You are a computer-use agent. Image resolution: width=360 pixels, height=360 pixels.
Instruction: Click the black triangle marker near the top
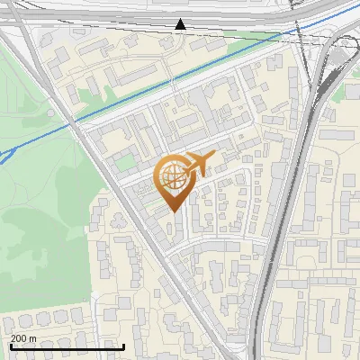181,24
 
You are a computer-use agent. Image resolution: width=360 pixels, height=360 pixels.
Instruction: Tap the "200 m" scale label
23,338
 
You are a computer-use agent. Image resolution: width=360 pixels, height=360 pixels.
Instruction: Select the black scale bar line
67,346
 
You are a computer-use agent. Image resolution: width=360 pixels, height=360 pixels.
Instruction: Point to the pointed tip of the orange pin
175,211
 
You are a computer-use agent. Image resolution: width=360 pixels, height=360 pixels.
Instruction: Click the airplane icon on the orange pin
197,163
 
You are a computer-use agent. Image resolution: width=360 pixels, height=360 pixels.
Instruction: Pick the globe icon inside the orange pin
173,179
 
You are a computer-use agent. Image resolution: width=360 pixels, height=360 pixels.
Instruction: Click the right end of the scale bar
123,346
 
